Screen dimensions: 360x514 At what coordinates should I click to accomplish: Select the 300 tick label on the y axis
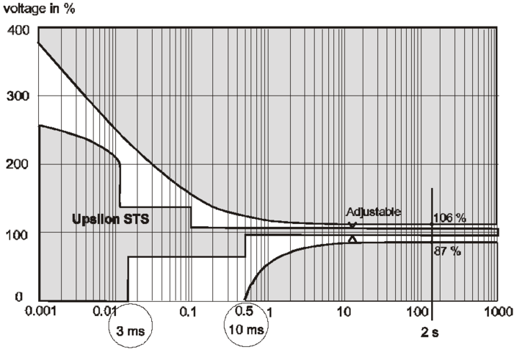[x=17, y=96]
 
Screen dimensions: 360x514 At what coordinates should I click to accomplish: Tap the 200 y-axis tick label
[x=17, y=163]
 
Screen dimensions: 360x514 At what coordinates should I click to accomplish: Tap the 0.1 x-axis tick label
[x=189, y=312]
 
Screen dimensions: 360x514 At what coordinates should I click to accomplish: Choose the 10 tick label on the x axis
[x=343, y=312]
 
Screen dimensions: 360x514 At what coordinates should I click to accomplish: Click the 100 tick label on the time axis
[x=420, y=312]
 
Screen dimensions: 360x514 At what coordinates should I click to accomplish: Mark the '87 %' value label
[x=448, y=251]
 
